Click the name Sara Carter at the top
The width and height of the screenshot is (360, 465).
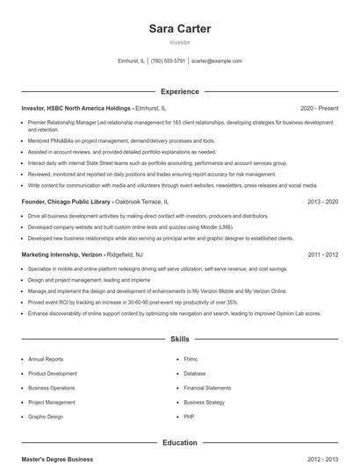point(179,29)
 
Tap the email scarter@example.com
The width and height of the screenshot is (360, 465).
point(216,61)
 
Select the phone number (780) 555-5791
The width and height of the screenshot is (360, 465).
point(168,61)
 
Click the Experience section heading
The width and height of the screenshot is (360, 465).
point(179,91)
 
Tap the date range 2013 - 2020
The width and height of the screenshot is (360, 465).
point(322,201)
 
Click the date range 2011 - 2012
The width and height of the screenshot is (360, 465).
point(322,254)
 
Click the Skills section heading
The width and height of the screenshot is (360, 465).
point(179,338)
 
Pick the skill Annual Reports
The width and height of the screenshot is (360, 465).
point(46,359)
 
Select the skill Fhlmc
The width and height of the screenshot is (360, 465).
point(191,359)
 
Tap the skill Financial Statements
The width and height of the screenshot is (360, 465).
point(207,388)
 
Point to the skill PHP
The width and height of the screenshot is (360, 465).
point(189,417)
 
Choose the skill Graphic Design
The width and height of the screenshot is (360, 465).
point(46,417)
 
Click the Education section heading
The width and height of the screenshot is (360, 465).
point(179,444)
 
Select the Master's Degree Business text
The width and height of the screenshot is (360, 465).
point(57,459)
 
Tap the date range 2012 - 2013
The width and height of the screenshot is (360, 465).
point(322,459)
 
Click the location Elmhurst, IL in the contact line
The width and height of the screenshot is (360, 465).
point(131,61)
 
